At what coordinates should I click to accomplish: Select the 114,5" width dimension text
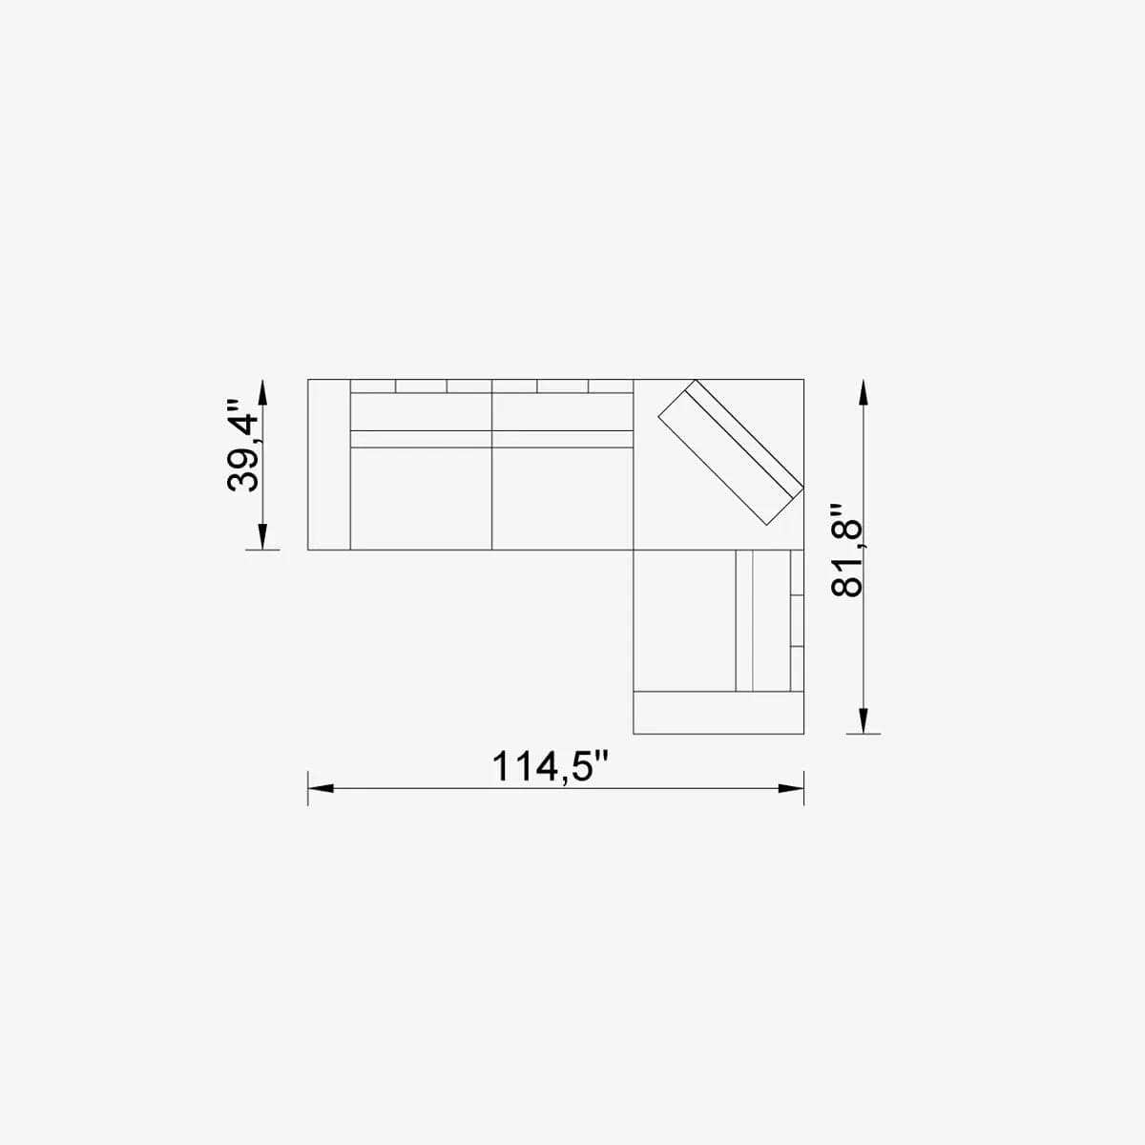point(550,766)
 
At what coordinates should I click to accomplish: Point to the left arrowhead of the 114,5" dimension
point(320,789)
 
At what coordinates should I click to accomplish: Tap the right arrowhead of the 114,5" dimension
point(792,789)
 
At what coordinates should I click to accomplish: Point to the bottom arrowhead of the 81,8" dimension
point(864,720)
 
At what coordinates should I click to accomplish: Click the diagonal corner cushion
point(730,453)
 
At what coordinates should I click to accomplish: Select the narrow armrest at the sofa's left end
point(329,465)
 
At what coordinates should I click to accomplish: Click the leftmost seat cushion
point(421,498)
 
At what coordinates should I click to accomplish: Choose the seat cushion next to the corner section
point(562,498)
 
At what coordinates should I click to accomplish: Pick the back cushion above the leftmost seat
point(421,411)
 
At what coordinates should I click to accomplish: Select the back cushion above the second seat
point(562,411)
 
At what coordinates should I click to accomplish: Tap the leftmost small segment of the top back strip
point(373,385)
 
